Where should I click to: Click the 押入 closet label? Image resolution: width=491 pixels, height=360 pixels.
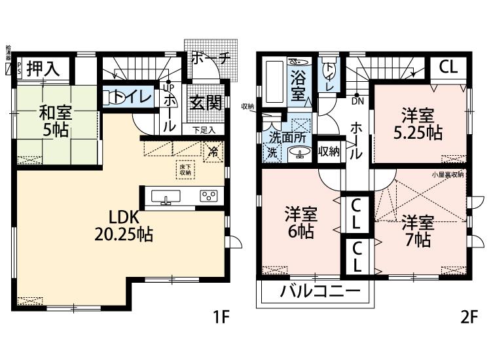click(45, 67)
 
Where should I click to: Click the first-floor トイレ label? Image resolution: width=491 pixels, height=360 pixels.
click(133, 97)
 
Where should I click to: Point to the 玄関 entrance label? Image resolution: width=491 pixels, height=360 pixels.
click(204, 103)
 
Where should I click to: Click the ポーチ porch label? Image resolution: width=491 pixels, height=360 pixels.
click(211, 58)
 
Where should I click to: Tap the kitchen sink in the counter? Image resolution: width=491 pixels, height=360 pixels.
click(166, 197)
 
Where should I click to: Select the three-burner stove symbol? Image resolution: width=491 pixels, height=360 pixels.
click(209, 196)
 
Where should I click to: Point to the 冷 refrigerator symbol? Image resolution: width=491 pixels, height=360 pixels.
click(213, 153)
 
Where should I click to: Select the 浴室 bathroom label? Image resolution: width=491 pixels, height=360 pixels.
click(299, 85)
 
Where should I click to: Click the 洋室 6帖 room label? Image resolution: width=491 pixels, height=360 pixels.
click(301, 223)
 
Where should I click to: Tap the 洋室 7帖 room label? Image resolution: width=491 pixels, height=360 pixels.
click(416, 230)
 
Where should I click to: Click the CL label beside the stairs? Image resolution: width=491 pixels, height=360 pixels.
click(448, 67)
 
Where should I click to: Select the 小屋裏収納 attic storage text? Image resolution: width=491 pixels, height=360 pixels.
click(448, 175)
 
